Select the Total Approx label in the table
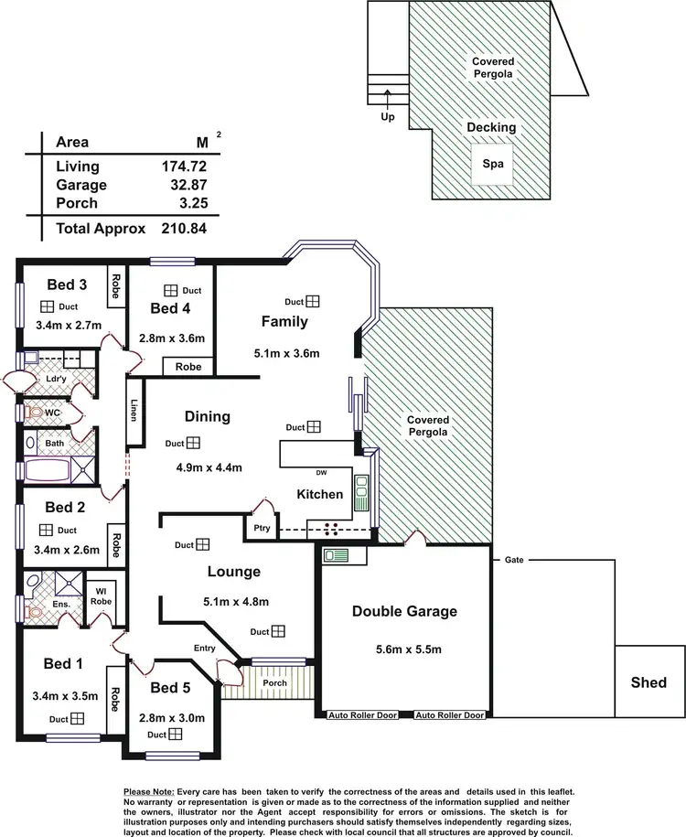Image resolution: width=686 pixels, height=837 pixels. point(101,229)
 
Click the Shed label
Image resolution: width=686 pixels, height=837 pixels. point(648,682)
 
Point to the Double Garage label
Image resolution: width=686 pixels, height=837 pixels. point(404,611)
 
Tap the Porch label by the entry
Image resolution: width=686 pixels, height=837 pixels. point(274,683)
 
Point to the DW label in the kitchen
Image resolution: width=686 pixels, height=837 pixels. point(321,473)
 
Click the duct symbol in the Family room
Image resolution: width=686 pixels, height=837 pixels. point(314,301)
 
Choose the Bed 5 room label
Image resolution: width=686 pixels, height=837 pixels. point(170,687)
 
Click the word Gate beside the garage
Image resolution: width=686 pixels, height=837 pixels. point(512,560)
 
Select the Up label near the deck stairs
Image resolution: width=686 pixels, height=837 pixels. point(388,117)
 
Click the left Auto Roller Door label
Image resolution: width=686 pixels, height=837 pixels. point(363,715)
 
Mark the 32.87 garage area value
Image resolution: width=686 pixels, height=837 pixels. point(185,185)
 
